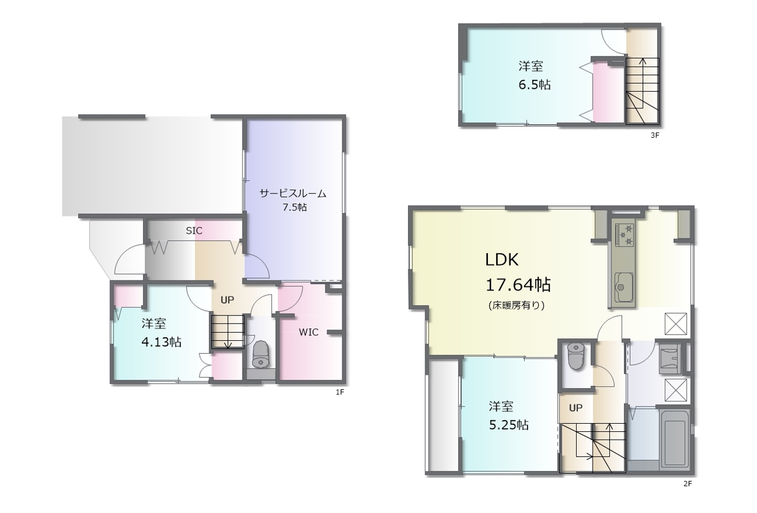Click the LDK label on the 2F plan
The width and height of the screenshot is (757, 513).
(x=502, y=260)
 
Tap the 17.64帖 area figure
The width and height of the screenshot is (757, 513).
(x=518, y=285)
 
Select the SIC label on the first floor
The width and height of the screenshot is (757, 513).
(x=194, y=231)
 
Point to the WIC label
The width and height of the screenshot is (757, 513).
(x=309, y=332)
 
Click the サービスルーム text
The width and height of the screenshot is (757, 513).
(x=293, y=193)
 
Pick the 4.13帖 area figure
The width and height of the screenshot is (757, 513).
(x=161, y=342)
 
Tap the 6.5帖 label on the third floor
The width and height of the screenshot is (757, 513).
(x=535, y=85)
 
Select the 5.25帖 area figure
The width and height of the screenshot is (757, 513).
(x=509, y=425)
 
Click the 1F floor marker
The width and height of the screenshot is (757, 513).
(x=340, y=392)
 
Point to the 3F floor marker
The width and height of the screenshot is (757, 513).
(x=655, y=135)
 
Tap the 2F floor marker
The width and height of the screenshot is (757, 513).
(x=688, y=483)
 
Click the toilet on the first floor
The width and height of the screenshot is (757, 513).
(x=261, y=354)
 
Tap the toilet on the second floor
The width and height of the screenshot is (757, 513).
(x=576, y=356)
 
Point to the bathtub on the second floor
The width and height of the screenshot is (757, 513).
(x=675, y=438)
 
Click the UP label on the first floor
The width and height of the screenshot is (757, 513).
(x=227, y=300)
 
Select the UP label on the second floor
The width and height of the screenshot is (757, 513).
(x=575, y=408)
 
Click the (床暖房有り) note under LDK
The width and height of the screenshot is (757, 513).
(x=517, y=306)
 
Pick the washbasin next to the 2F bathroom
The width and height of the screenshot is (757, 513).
(x=670, y=359)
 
